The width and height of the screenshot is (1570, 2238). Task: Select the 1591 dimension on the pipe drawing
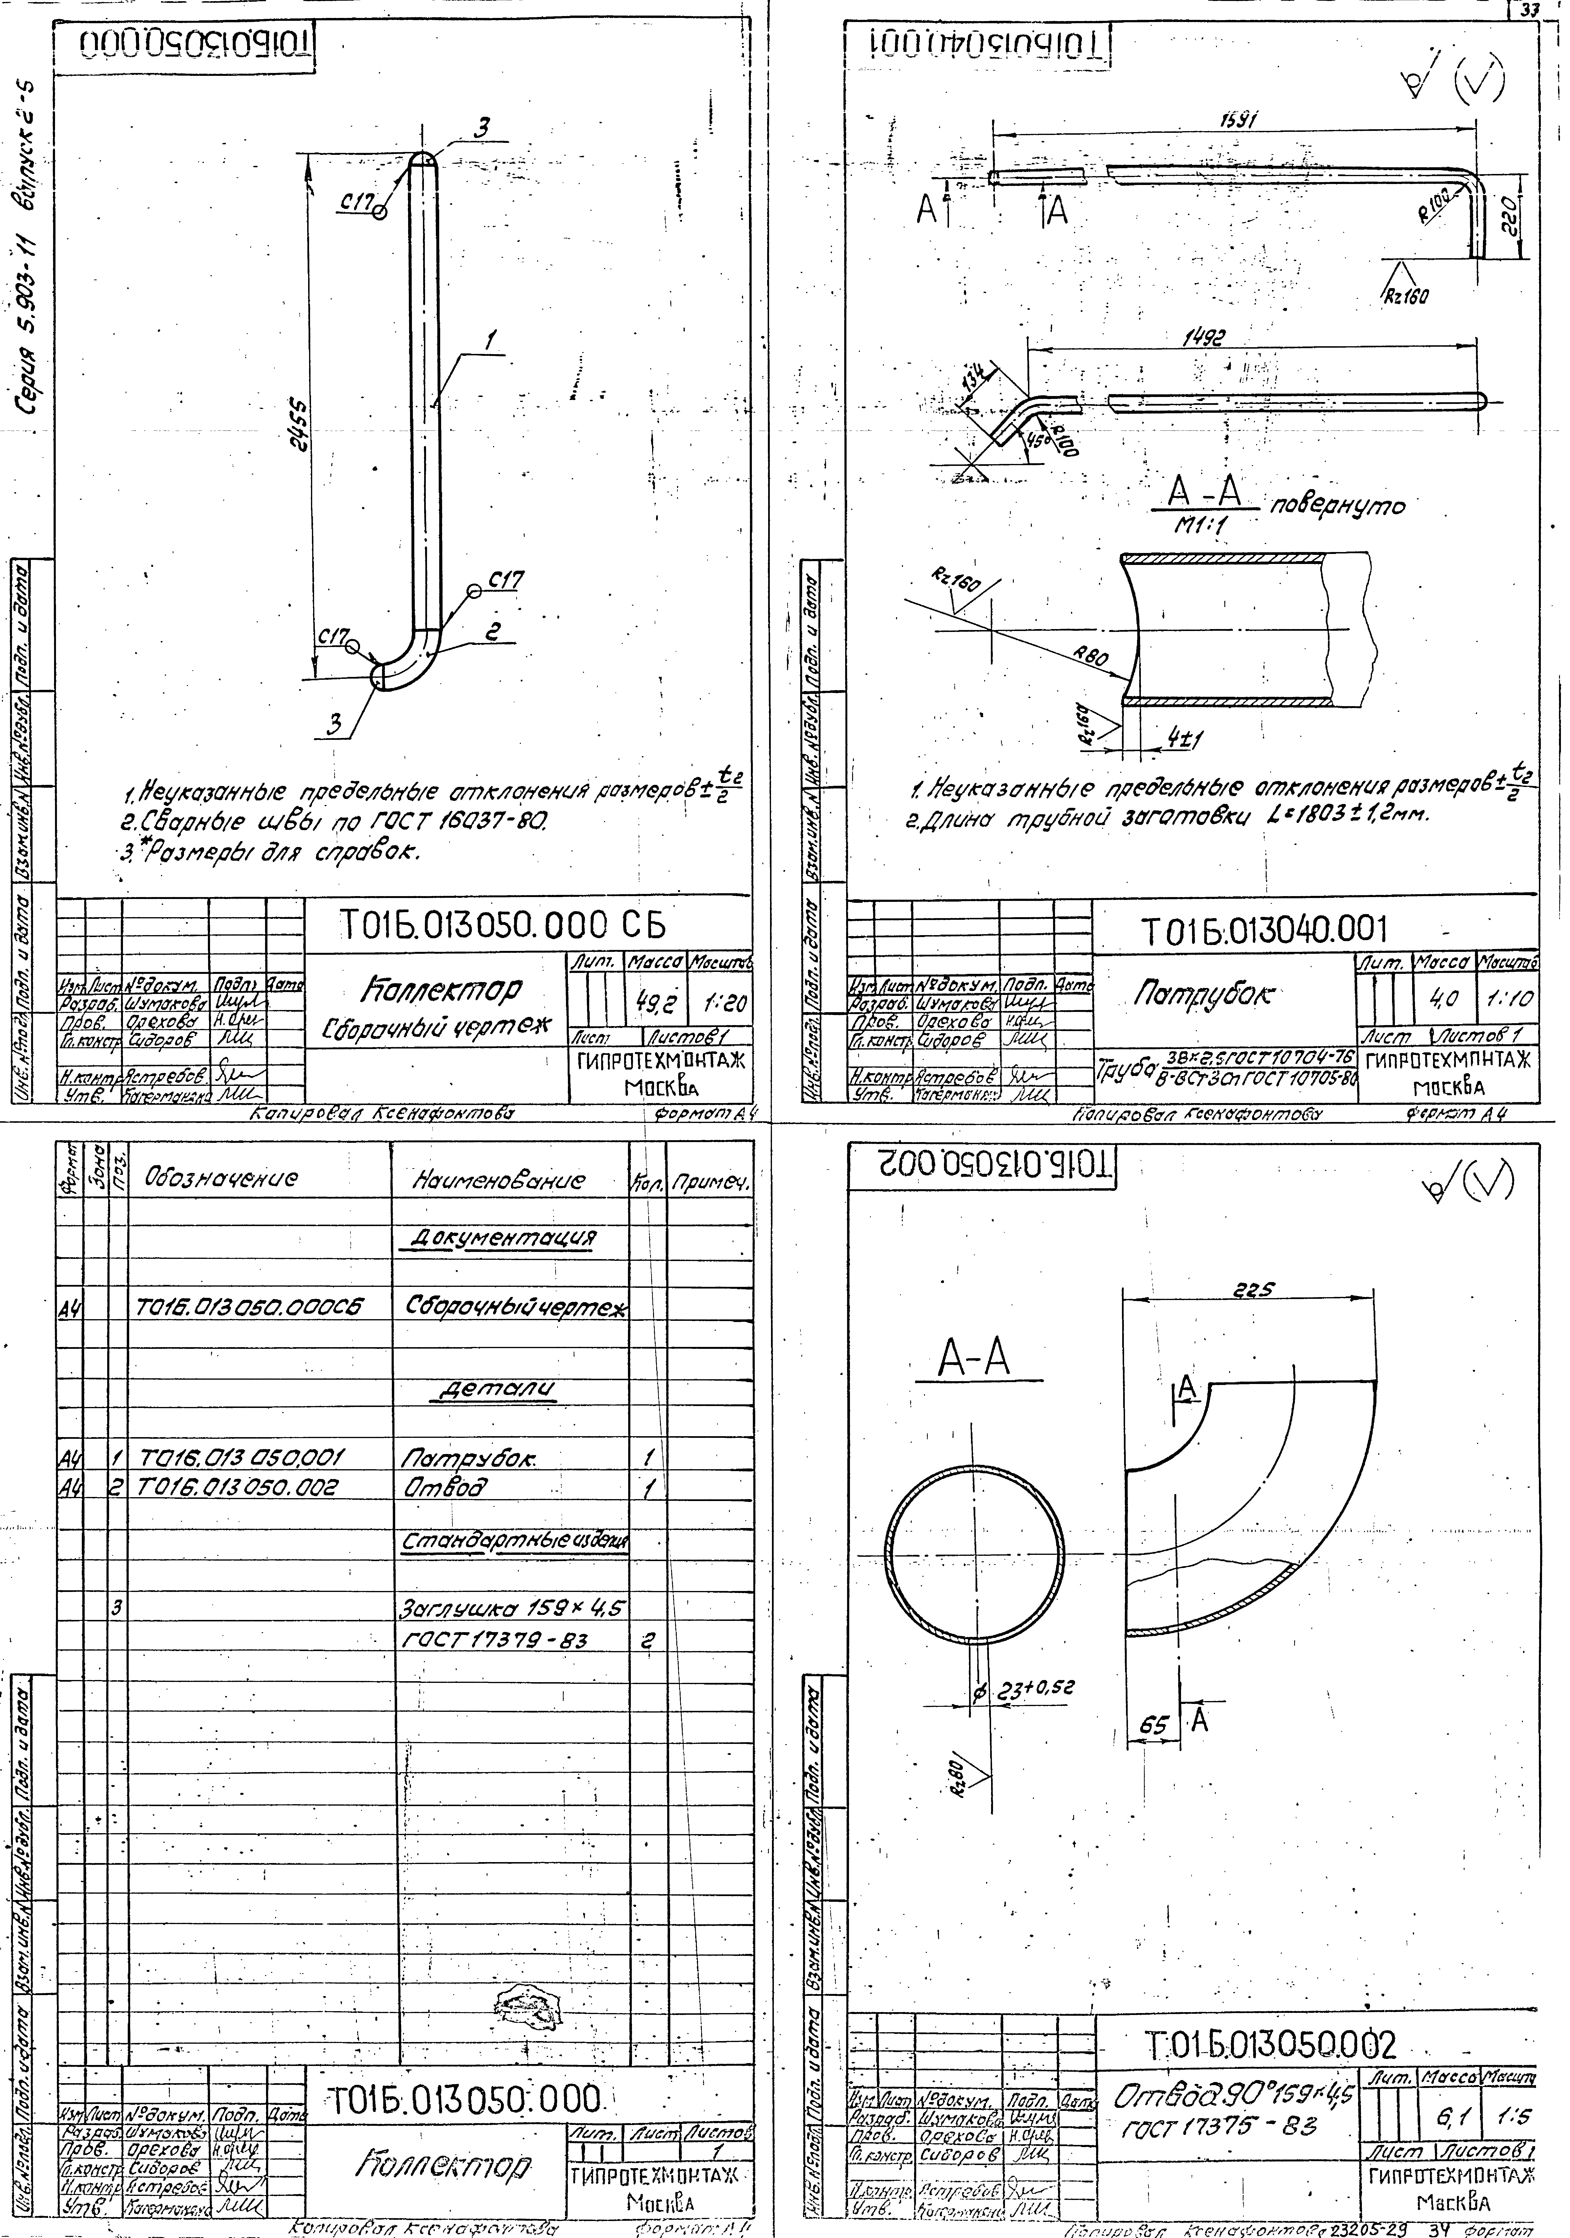click(1238, 118)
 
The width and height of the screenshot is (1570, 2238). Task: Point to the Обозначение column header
click(220, 1179)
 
